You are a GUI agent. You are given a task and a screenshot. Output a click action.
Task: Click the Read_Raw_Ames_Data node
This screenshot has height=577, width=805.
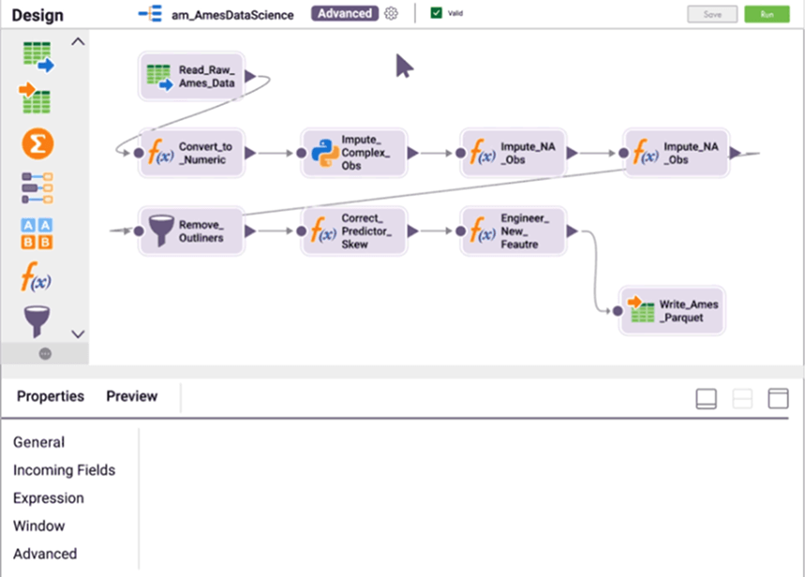click(191, 76)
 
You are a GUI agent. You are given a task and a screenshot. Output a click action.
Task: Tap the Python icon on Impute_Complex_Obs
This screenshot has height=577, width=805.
click(324, 153)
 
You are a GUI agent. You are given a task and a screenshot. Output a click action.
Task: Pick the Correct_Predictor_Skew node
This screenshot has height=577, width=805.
click(353, 230)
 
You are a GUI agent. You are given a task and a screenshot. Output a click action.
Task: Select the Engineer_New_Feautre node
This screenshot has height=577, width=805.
click(513, 230)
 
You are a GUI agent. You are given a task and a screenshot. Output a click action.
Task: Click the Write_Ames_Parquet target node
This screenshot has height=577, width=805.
click(672, 310)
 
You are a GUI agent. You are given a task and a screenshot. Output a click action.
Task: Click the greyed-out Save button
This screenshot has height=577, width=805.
click(711, 14)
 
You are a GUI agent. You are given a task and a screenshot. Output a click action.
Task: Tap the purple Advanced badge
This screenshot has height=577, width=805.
click(345, 14)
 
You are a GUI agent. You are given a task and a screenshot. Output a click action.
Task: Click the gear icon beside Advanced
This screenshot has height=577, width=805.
click(392, 14)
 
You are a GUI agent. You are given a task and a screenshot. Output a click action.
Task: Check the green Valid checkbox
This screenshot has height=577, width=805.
click(437, 13)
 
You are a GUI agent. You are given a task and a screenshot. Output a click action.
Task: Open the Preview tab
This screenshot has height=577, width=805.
click(131, 396)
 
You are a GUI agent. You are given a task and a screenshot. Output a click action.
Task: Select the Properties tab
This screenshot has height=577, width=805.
click(51, 396)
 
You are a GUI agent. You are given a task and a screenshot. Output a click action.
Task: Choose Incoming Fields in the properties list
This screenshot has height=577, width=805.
click(64, 470)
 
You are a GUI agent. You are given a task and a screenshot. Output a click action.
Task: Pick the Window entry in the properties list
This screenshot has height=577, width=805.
click(39, 526)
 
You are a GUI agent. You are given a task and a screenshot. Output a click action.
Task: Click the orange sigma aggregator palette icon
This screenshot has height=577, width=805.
click(37, 143)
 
